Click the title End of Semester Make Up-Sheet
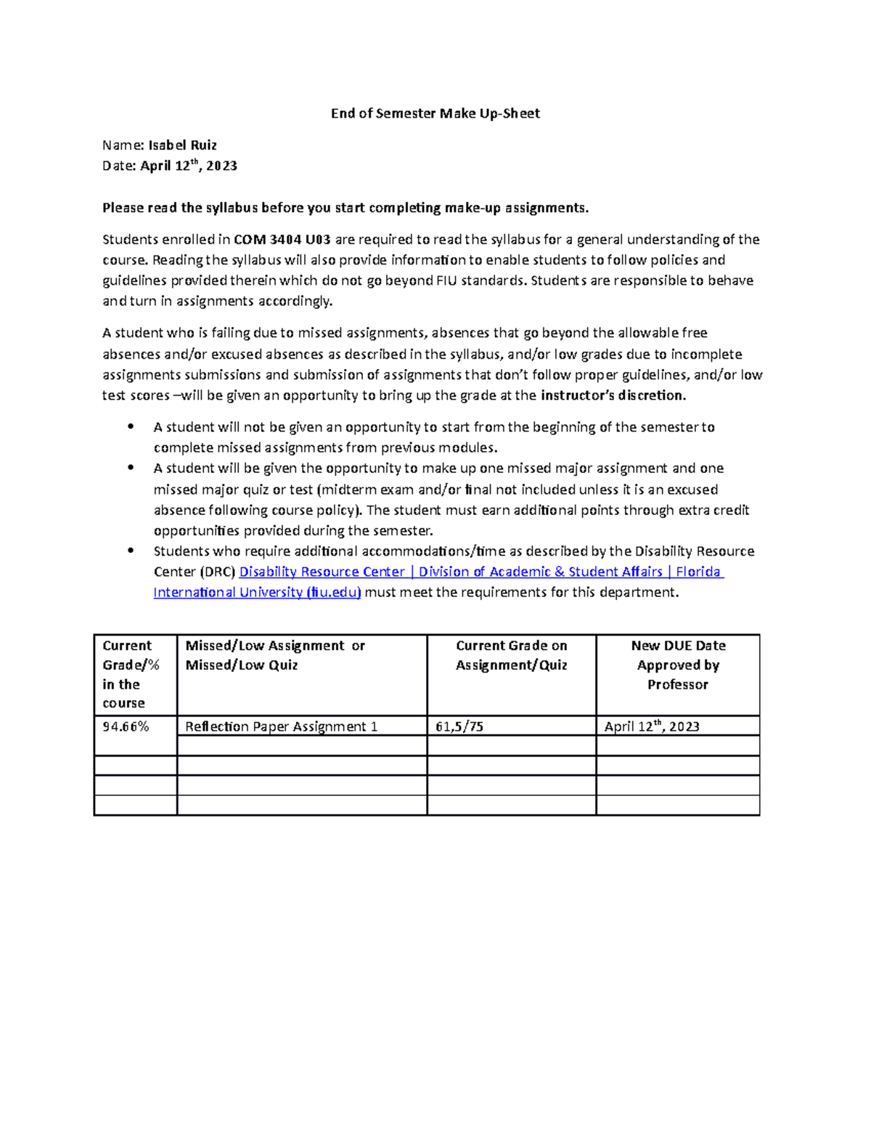(435, 113)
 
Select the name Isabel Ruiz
(182, 145)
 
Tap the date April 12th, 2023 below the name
(189, 166)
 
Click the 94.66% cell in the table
(126, 726)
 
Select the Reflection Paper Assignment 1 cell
(282, 726)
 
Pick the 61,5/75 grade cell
(459, 726)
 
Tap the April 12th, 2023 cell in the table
(652, 726)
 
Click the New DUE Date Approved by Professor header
(678, 665)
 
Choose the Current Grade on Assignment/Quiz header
(511, 655)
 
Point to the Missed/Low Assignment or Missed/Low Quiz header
(275, 655)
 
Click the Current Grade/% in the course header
(131, 674)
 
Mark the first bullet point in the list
(131, 427)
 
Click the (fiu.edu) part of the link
(334, 593)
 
